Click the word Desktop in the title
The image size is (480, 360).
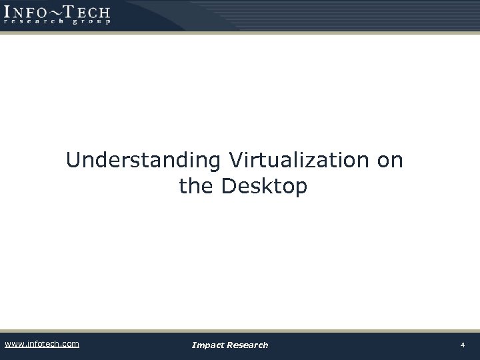pyautogui.click(x=264, y=187)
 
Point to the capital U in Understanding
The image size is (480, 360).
pyautogui.click(x=73, y=161)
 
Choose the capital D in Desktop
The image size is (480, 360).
pyautogui.click(x=228, y=187)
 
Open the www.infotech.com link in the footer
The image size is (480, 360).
pyautogui.click(x=42, y=344)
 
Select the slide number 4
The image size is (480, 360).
pyautogui.click(x=462, y=345)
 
